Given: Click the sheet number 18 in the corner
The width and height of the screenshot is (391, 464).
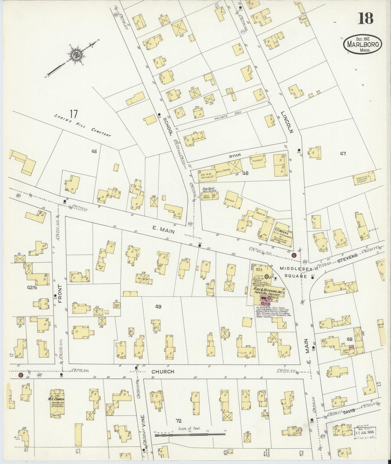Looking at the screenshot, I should (x=366, y=18).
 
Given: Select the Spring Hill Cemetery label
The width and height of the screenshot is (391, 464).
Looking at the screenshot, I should (x=83, y=125).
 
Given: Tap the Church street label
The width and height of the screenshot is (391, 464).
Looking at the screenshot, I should (x=163, y=372).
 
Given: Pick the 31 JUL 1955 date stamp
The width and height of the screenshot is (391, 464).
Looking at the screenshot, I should (x=365, y=432).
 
